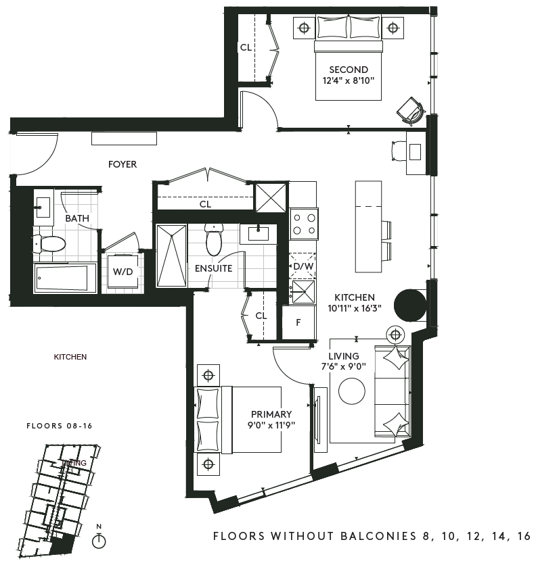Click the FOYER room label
click(122, 164)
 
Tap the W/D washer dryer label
click(122, 272)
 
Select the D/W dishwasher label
click(303, 266)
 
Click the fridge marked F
click(298, 322)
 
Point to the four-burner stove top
click(304, 224)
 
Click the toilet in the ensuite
click(214, 238)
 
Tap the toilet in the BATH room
click(49, 244)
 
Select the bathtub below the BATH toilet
click(65, 278)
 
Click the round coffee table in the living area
click(352, 391)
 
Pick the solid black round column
click(410, 305)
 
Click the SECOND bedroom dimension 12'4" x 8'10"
click(349, 80)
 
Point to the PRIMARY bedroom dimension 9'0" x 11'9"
click(271, 425)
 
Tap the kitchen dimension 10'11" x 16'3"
click(355, 308)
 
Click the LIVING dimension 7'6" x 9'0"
click(344, 366)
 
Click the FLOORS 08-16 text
click(60, 426)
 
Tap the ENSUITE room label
click(213, 268)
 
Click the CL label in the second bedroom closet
click(246, 47)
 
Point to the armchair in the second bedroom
click(410, 112)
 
